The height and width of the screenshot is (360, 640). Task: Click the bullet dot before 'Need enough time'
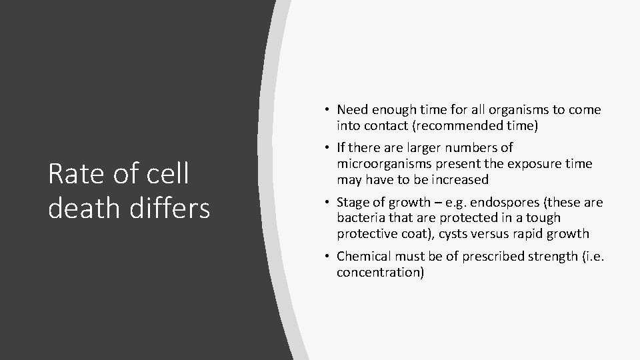pyautogui.click(x=330, y=109)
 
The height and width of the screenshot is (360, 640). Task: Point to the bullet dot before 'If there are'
pyautogui.click(x=330, y=147)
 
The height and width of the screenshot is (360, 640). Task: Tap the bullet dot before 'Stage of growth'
pyautogui.click(x=330, y=202)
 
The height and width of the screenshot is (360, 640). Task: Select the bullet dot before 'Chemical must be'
pyautogui.click(x=330, y=257)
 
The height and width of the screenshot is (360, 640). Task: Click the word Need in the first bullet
pyautogui.click(x=352, y=109)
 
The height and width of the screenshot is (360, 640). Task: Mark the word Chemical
pyautogui.click(x=365, y=257)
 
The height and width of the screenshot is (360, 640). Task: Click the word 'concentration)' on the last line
pyautogui.click(x=380, y=273)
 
